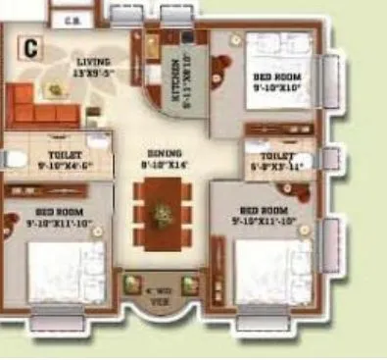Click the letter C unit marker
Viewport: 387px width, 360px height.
(x=31, y=45)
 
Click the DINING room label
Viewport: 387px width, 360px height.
(x=164, y=154)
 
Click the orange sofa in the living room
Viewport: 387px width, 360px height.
(x=40, y=106)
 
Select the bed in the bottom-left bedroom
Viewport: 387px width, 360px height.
(x=59, y=272)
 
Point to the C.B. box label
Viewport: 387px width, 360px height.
(x=70, y=19)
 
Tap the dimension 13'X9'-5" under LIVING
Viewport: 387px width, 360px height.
(x=94, y=72)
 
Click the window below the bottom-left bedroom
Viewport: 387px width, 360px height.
(x=57, y=320)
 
